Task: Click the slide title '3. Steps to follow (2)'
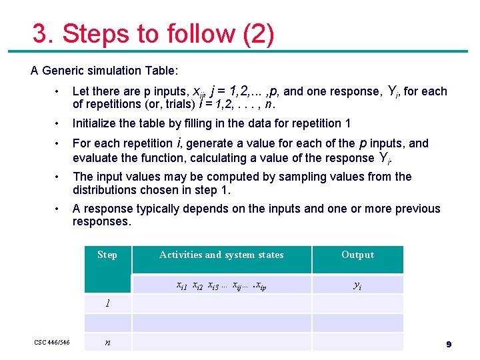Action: pos(153,34)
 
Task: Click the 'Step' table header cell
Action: pos(107,255)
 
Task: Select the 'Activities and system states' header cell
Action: pos(221,255)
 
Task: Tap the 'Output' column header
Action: pos(357,255)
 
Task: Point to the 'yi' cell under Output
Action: pos(357,285)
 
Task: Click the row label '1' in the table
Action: pos(107,304)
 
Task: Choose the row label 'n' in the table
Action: pos(107,343)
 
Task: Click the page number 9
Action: pos(449,344)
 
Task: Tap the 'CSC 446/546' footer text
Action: pos(52,343)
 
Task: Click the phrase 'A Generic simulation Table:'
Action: pos(104,70)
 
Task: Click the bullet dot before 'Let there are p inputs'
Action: pos(59,92)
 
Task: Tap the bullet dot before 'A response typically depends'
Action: pos(59,209)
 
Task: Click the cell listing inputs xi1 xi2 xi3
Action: pos(221,285)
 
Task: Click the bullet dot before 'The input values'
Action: pos(59,177)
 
